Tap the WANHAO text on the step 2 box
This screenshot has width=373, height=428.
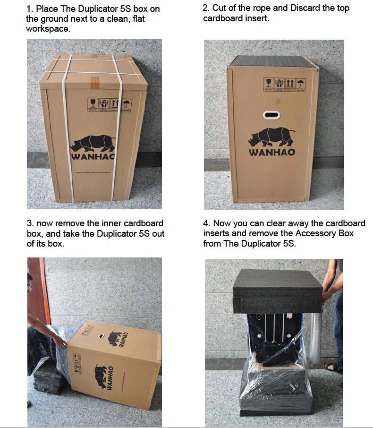(273, 153)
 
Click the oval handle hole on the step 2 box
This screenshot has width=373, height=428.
(272, 115)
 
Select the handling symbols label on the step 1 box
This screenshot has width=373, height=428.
(110, 104)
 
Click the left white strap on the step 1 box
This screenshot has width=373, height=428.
(68, 128)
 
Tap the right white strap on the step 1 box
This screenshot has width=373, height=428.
(116, 128)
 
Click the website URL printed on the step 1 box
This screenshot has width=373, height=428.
(93, 172)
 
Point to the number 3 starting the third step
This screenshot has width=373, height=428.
(29, 223)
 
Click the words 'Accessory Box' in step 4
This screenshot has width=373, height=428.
(324, 233)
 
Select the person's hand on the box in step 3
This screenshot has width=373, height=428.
(59, 341)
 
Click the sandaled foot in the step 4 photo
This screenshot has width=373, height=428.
(332, 368)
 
